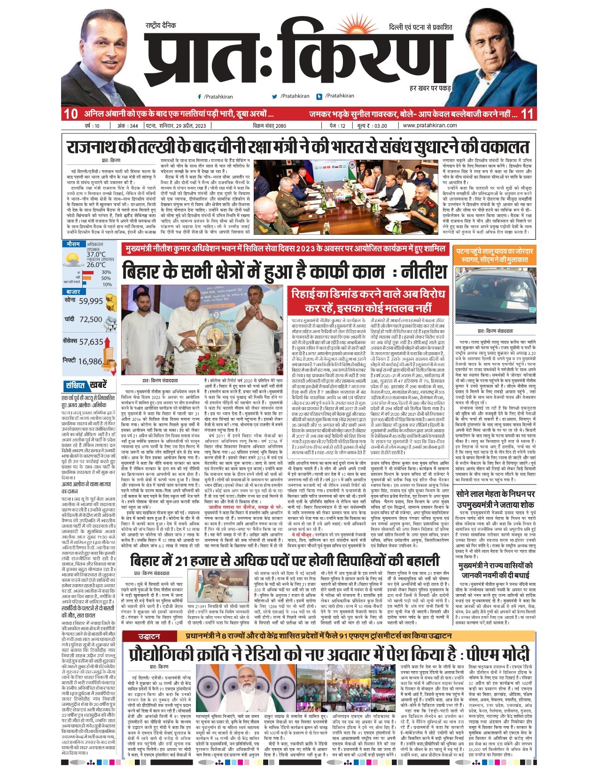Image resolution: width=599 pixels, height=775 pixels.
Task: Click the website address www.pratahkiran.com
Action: tap(429, 125)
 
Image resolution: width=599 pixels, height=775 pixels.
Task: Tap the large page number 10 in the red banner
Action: tap(70, 114)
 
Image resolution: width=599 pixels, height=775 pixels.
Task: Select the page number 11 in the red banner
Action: tap(527, 114)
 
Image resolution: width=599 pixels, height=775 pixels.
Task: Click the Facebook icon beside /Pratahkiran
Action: tap(200, 96)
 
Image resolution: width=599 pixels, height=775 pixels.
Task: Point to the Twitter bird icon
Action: tap(275, 96)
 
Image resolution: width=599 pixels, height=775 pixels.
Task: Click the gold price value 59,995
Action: tap(91, 302)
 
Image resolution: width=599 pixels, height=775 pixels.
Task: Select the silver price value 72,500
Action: tap(91, 319)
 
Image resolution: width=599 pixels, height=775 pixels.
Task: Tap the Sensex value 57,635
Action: tap(91, 342)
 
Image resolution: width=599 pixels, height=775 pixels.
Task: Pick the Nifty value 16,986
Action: tap(90, 361)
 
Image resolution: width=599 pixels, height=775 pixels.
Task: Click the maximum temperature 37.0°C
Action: tap(96, 255)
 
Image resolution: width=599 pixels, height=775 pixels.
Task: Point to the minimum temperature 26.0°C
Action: tap(96, 264)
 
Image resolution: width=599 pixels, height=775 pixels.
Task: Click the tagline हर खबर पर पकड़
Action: tap(430, 88)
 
